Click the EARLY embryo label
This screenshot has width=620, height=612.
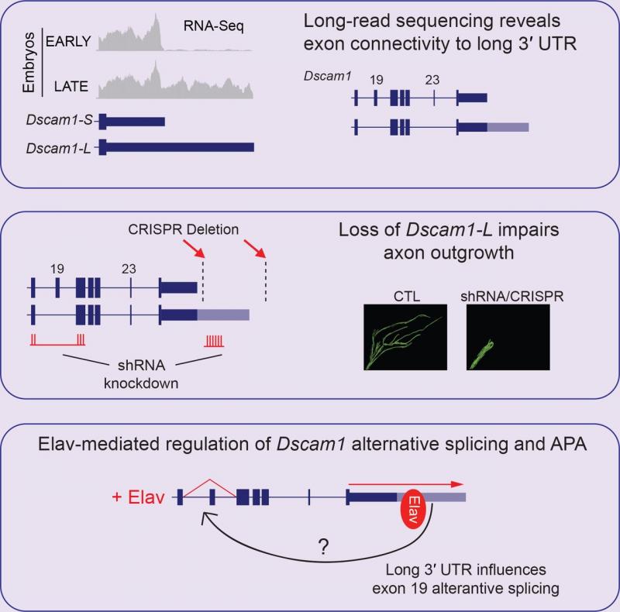68,41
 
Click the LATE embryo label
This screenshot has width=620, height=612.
71,86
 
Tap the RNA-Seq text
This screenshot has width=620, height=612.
214,26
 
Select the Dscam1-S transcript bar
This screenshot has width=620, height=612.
132,122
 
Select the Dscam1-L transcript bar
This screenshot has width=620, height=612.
177,147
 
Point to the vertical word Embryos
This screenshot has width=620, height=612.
29,62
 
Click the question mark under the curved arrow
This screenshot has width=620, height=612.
323,547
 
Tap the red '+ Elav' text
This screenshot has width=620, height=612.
138,497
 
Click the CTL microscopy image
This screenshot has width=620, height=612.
405,337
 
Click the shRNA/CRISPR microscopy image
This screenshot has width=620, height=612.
508,337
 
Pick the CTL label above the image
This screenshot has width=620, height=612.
407,297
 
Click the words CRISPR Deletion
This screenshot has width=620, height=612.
184,229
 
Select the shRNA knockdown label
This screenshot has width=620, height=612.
141,374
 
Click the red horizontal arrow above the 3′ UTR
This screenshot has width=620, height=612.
405,484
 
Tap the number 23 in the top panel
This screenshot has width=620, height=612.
432,80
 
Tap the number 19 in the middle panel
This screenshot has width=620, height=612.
57,269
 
